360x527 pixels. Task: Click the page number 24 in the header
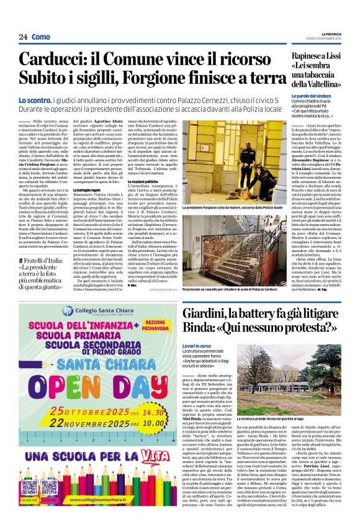pyautogui.click(x=22, y=37)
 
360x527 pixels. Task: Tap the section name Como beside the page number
pyautogui.click(x=40, y=37)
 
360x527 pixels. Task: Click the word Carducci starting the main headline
pyautogui.click(x=53, y=60)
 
